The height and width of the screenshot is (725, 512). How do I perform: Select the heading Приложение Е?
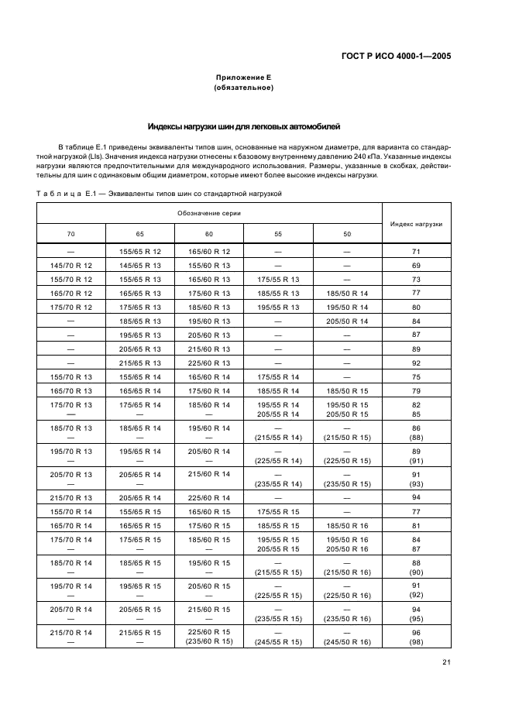(242, 78)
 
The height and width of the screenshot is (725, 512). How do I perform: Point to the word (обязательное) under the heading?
(242, 88)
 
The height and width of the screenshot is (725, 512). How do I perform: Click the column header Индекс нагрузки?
(416, 223)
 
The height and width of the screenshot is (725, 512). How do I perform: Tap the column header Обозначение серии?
(209, 212)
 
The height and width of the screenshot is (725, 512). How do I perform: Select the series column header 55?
(278, 233)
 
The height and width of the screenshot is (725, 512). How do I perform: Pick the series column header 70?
(71, 233)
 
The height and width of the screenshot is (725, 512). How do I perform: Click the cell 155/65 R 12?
(140, 252)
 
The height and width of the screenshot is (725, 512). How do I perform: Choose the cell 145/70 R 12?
(71, 265)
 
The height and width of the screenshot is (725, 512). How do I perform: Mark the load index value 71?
(416, 252)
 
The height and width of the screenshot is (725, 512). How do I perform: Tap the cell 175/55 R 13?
(278, 279)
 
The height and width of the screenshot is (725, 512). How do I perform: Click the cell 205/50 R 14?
(347, 321)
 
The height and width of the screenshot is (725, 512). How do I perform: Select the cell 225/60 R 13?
(209, 362)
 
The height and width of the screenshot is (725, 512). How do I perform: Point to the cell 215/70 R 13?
(71, 497)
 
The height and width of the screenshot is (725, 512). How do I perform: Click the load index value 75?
(416, 376)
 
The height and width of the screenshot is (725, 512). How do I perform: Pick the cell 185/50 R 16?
(347, 525)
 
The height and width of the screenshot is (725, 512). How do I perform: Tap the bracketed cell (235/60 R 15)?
(209, 641)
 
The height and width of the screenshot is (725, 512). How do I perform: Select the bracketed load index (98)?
(416, 641)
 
